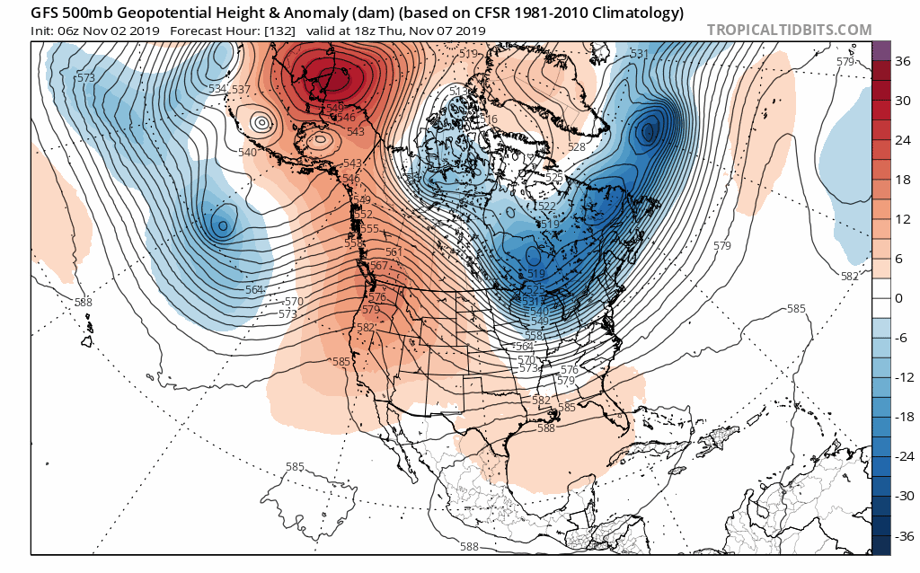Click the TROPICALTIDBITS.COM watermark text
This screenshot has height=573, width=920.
[789, 30]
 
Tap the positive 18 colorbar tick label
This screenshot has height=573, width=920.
[899, 181]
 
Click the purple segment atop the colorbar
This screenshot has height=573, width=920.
[880, 50]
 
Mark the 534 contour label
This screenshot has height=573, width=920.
[217, 89]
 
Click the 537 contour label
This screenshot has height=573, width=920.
[241, 89]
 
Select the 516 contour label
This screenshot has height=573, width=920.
[489, 119]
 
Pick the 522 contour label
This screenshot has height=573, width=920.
[546, 207]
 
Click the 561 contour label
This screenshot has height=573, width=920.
[394, 252]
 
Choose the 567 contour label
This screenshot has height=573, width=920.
[379, 266]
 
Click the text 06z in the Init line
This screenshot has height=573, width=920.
[70, 31]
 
